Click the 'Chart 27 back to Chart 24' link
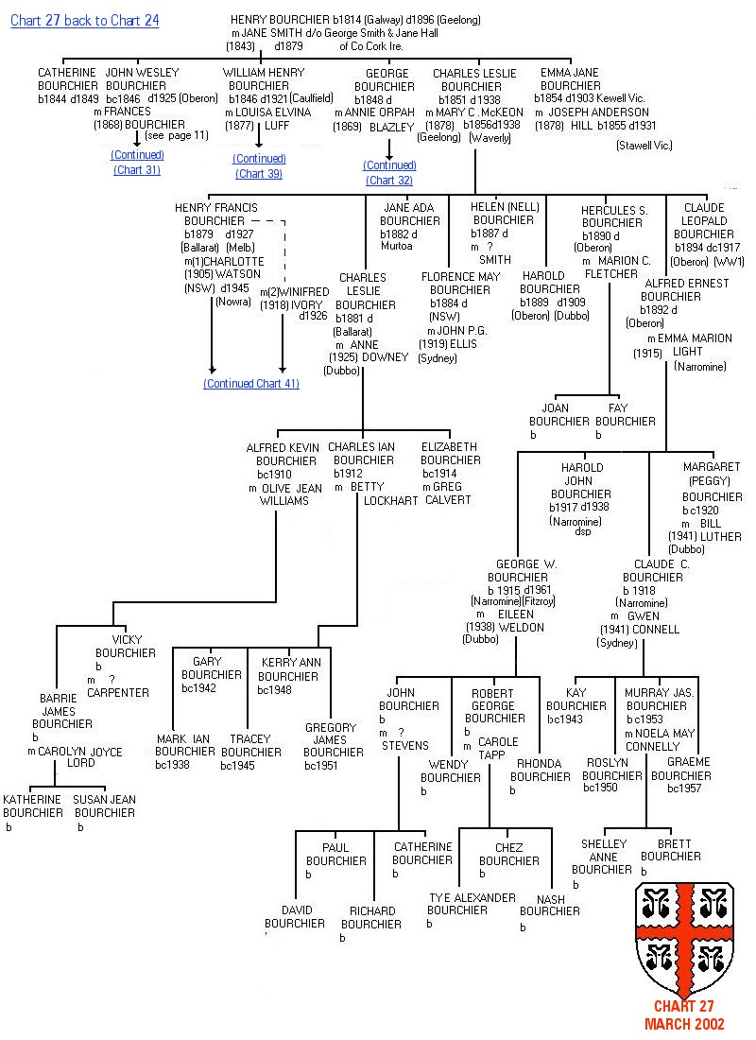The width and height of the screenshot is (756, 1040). click(85, 22)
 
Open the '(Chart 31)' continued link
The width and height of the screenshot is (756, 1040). click(137, 170)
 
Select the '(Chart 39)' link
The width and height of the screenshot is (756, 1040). click(259, 174)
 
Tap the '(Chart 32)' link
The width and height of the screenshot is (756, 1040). click(389, 181)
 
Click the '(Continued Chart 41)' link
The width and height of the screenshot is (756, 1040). click(251, 384)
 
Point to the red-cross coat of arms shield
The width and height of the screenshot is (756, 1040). click(684, 935)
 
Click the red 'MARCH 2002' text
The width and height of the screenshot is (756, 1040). click(684, 1024)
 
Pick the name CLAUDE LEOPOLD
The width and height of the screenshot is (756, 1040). click(704, 221)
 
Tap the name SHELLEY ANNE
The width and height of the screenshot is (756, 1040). click(604, 851)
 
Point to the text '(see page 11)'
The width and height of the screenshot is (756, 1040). click(177, 135)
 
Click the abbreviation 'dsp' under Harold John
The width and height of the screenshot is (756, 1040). click(581, 532)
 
